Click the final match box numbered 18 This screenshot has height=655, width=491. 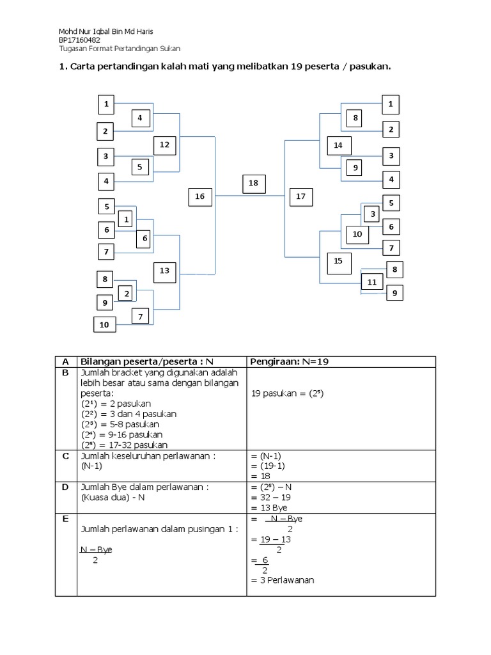(x=253, y=184)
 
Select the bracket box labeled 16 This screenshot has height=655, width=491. (x=200, y=196)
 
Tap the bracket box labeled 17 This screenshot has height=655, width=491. (x=301, y=196)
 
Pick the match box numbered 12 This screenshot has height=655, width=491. (x=164, y=145)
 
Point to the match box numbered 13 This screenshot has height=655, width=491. (x=164, y=271)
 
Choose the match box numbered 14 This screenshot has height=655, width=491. (x=338, y=146)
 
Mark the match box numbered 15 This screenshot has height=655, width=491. (x=338, y=261)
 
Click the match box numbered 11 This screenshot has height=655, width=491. (x=371, y=282)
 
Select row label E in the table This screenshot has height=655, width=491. (x=65, y=519)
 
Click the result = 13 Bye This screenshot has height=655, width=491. (x=269, y=507)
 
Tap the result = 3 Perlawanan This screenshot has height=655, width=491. (x=283, y=580)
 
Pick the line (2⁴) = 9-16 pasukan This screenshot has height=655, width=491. (x=120, y=434)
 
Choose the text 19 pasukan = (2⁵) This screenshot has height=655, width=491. (x=289, y=394)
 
